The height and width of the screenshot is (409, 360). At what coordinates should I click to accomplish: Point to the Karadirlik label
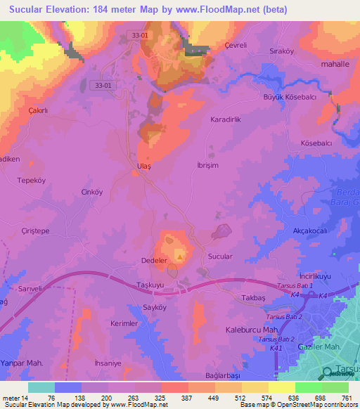[x=226, y=120]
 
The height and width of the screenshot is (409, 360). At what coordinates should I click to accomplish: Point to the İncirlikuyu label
[x=314, y=276]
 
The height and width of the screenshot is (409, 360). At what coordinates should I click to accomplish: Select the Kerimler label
[x=124, y=323]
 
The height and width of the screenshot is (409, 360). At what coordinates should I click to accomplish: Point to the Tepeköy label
[x=31, y=180]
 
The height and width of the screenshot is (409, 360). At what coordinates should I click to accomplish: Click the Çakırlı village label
[x=37, y=111]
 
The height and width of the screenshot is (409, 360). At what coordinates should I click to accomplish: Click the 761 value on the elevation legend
[x=347, y=397]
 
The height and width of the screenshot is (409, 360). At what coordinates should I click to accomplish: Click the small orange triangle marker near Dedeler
[x=179, y=257]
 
